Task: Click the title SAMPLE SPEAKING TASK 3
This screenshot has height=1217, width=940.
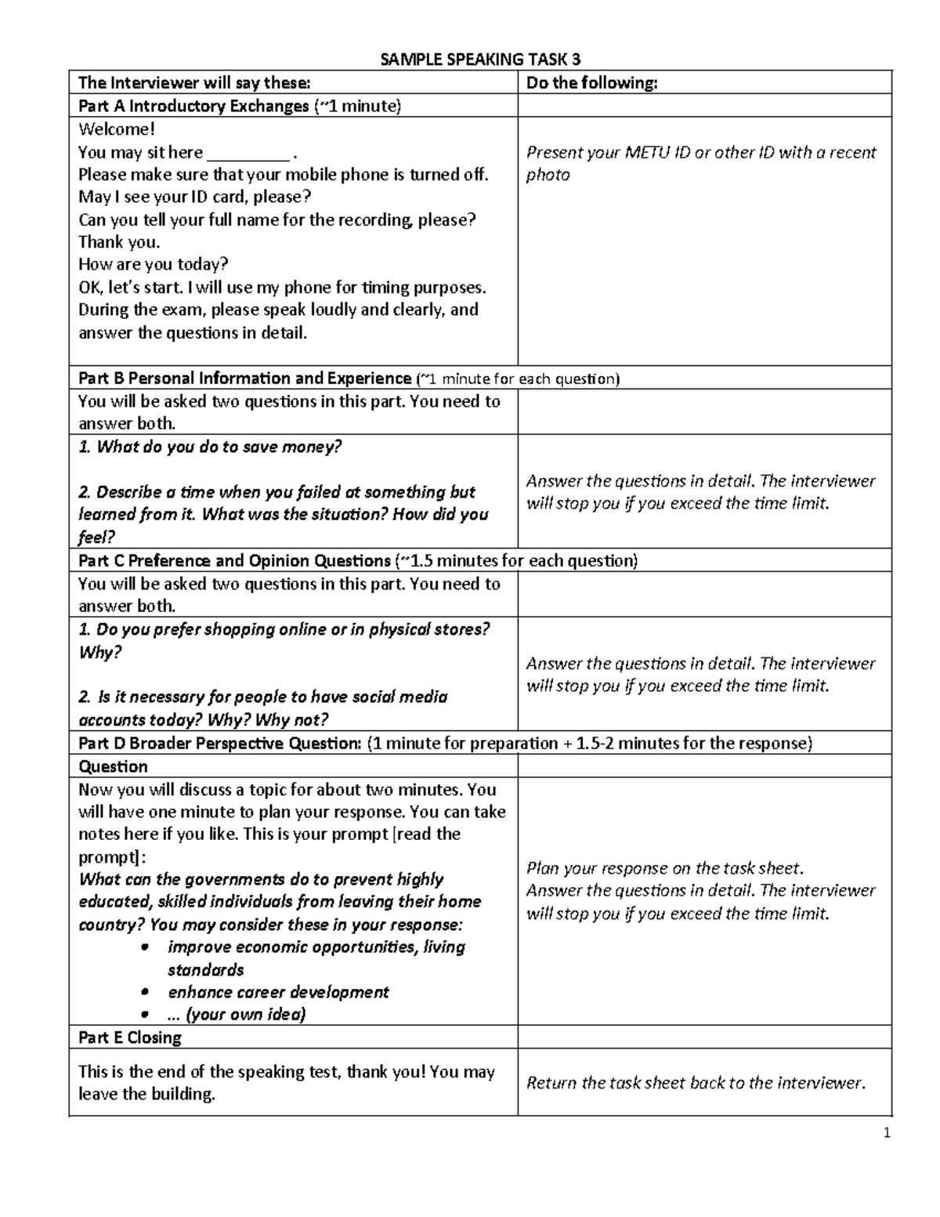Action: (x=480, y=60)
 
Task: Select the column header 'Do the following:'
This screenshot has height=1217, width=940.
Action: (x=591, y=83)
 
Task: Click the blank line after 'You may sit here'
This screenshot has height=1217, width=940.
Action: (x=248, y=154)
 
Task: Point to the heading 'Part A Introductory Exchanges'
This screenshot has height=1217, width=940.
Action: (x=193, y=106)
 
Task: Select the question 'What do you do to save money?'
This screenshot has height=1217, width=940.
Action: (x=210, y=447)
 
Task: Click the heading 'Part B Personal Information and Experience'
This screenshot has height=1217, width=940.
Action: (x=244, y=379)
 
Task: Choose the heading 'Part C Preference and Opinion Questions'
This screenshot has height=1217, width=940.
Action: (x=234, y=561)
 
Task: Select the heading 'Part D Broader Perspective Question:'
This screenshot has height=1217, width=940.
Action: (x=219, y=743)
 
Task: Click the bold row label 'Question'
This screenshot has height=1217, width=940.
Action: (x=113, y=766)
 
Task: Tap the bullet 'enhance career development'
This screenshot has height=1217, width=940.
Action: (x=278, y=992)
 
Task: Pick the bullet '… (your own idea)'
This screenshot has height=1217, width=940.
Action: (x=237, y=1015)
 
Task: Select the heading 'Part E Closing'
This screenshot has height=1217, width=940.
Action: (x=130, y=1038)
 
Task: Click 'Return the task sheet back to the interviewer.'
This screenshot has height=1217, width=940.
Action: (x=696, y=1083)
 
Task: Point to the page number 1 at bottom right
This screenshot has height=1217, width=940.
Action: (x=887, y=1132)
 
